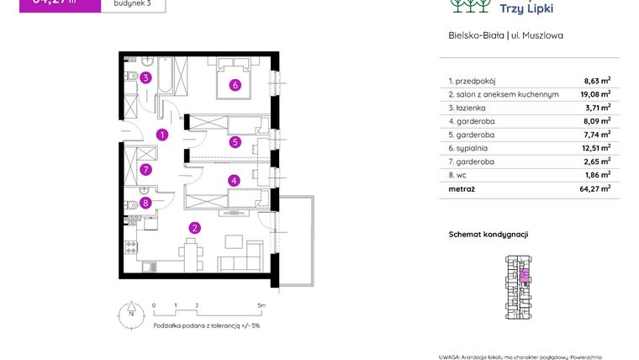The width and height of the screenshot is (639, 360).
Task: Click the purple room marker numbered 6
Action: pyautogui.click(x=235, y=85)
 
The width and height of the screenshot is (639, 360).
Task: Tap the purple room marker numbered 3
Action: pyautogui.click(x=145, y=78)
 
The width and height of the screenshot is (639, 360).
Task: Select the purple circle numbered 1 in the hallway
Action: pyautogui.click(x=163, y=135)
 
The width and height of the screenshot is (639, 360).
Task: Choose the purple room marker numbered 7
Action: pyautogui.click(x=145, y=169)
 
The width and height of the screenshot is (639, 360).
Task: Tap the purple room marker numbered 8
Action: pyautogui.click(x=145, y=202)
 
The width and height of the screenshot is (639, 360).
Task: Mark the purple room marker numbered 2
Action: pyautogui.click(x=194, y=227)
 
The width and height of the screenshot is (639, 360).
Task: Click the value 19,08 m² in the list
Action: pyautogui.click(x=597, y=95)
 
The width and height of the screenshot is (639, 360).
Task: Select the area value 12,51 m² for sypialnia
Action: pyautogui.click(x=597, y=148)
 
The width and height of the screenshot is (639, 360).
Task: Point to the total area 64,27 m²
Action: pyautogui.click(x=597, y=189)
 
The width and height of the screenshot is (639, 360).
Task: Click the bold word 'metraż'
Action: pyautogui.click(x=462, y=189)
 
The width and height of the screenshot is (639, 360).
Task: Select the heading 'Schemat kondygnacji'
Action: pyautogui.click(x=488, y=235)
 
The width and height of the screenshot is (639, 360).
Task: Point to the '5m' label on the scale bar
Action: pyautogui.click(x=261, y=305)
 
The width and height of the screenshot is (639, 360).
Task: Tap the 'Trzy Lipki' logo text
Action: pyautogui.click(x=526, y=8)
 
